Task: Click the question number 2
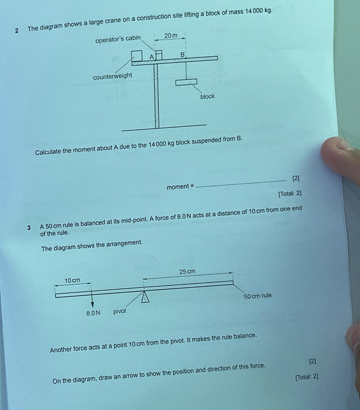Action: coord(17,30)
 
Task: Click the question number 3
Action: coord(30,228)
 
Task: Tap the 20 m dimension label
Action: coord(170,36)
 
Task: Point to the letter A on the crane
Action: coord(151,57)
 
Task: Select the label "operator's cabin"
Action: coord(118,39)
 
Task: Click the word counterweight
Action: coord(112,77)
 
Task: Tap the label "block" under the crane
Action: coord(207,96)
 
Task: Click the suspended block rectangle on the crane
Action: coord(186,82)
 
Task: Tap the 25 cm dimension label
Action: coord(187,272)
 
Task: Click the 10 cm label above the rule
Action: coord(72,280)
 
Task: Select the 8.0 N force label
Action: coord(93,313)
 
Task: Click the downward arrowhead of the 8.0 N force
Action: coord(92,305)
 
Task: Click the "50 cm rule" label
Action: coord(258,296)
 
